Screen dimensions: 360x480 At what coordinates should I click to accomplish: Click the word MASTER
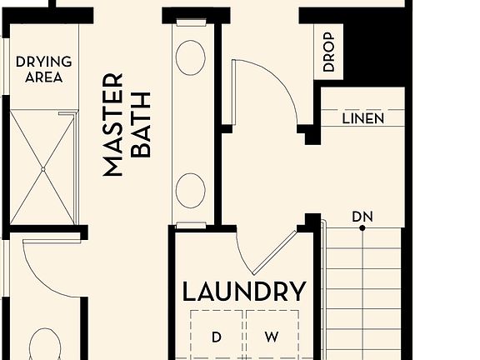tap(113, 125)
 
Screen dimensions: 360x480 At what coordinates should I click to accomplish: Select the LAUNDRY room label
tap(244, 292)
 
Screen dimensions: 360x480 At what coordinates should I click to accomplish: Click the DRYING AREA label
tap(43, 70)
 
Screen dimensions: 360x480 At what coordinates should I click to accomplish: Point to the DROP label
tap(327, 52)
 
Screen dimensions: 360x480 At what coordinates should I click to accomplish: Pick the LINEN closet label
tap(363, 119)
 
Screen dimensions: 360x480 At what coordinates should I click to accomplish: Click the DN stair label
tap(362, 217)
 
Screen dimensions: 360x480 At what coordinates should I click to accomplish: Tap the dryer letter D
tap(217, 337)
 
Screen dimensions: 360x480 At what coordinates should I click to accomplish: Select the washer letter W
tap(272, 337)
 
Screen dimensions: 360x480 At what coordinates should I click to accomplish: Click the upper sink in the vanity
tap(191, 56)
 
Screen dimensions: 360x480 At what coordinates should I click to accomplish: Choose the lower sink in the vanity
tap(191, 189)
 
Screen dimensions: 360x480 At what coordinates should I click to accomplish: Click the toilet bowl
tap(43, 346)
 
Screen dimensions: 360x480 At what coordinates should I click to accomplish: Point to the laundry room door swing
tap(267, 250)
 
